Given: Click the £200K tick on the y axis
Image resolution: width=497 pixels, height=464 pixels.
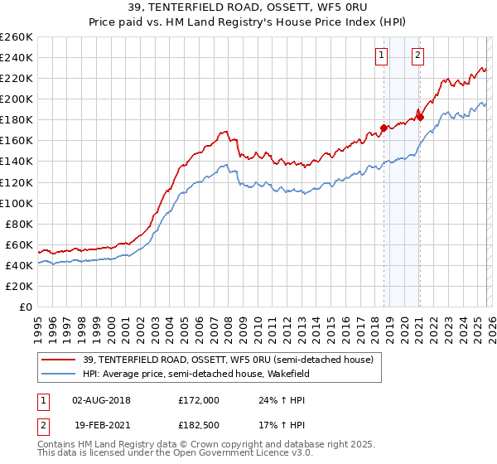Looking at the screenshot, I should (16, 99).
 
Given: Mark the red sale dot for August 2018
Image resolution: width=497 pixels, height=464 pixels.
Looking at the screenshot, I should (384, 128).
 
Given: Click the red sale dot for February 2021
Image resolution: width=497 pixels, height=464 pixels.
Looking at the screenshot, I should (421, 118).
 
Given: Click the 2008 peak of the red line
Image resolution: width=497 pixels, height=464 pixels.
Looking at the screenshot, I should (224, 131).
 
